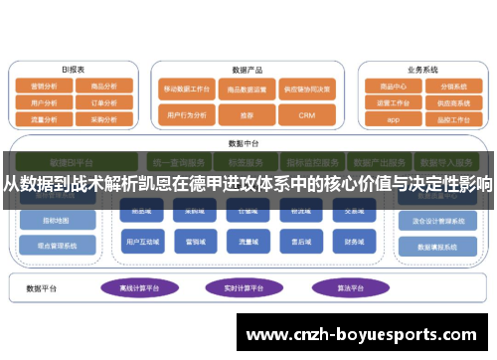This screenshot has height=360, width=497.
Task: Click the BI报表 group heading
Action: click(x=73, y=70)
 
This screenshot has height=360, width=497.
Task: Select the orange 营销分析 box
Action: click(x=45, y=87)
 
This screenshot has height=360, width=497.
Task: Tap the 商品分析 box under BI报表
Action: click(x=103, y=87)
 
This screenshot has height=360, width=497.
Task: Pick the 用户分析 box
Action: click(x=45, y=101)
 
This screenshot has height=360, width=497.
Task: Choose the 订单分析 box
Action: click(x=103, y=101)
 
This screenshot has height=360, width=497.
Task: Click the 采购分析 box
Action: click(x=103, y=117)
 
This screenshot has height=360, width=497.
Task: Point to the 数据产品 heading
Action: click(x=246, y=70)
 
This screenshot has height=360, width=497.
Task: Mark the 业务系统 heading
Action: click(x=421, y=70)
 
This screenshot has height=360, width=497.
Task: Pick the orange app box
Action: click(x=393, y=117)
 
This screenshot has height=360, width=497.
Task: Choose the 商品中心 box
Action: click(x=393, y=87)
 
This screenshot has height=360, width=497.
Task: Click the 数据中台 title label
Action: click(x=242, y=141)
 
